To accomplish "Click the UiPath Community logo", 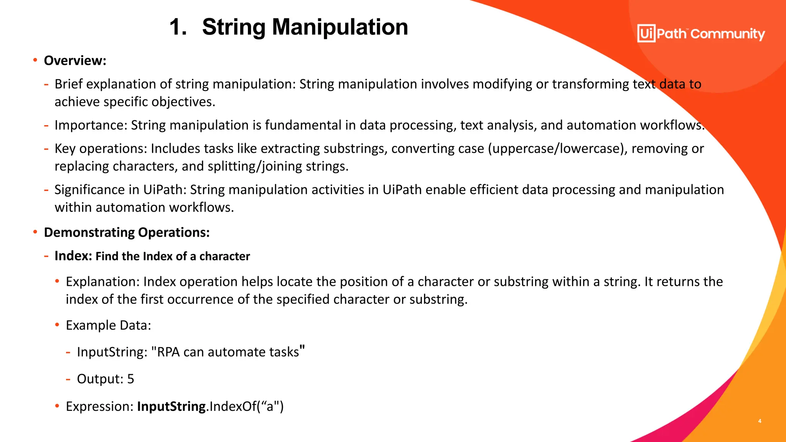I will (701, 34).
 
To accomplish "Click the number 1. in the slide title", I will (178, 28).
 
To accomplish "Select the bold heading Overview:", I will (75, 61).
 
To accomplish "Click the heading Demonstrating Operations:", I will (127, 233).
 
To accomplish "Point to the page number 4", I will (760, 421).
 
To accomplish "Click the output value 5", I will (130, 379).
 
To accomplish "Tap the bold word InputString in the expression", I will (171, 406).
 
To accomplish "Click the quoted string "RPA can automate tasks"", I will (228, 351).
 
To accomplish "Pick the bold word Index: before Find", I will (73, 256).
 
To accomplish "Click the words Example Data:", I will (108, 325).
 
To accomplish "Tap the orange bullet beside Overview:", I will (35, 60).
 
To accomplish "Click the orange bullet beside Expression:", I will (57, 406).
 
